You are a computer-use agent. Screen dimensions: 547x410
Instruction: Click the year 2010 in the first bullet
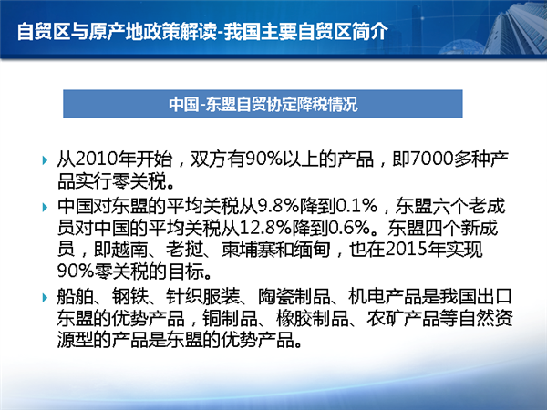point(97,159)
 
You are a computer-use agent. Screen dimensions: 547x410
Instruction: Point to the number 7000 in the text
point(432,159)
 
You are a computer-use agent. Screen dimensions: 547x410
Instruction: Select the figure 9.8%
point(278,206)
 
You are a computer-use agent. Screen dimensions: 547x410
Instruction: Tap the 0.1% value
point(356,206)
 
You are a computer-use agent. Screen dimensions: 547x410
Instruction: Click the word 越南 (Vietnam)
point(129,250)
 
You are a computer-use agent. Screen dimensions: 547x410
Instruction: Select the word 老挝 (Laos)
point(184,250)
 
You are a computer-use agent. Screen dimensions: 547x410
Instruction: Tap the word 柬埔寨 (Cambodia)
point(249,250)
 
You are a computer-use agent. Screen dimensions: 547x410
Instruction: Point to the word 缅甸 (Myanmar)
point(312,250)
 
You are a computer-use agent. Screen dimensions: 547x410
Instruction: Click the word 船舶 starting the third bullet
point(76,297)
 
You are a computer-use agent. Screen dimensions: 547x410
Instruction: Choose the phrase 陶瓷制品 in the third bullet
point(294,297)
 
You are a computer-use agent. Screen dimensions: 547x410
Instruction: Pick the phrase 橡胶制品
point(312,318)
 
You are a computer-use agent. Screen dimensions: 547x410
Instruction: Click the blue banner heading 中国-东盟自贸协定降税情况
point(263,104)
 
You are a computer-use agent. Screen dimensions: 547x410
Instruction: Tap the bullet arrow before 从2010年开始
point(45,160)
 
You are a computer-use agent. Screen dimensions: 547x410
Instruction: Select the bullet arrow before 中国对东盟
point(45,207)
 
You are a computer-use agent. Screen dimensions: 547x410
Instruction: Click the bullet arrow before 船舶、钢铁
point(45,298)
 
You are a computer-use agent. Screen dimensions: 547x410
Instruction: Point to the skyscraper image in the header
point(520,28)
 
